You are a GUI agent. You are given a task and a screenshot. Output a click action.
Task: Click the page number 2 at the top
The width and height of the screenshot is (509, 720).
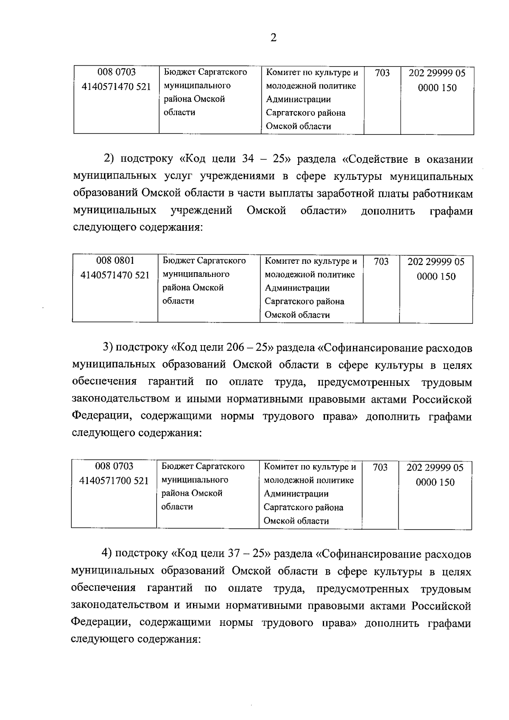pyautogui.click(x=273, y=38)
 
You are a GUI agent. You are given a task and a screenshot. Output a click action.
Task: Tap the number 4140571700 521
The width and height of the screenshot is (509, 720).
pyautogui.click(x=114, y=480)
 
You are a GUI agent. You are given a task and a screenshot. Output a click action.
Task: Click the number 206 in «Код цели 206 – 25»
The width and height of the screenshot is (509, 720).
pyautogui.click(x=230, y=348)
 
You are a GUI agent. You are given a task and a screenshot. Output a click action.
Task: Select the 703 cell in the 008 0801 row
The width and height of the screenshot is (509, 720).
pyautogui.click(x=381, y=262)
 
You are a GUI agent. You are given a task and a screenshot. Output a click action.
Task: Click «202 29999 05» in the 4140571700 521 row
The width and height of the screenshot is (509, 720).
pyautogui.click(x=435, y=468)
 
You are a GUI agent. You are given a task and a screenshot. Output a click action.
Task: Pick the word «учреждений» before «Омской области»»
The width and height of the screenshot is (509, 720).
pyautogui.click(x=201, y=211)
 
